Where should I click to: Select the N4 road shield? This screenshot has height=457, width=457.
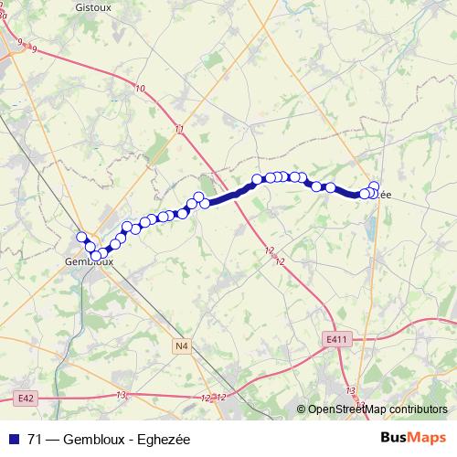[181, 345]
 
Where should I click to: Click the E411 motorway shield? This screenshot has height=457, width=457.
[336, 339]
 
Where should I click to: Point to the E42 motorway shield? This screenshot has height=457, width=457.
[26, 398]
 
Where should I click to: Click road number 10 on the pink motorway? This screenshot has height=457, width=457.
[139, 88]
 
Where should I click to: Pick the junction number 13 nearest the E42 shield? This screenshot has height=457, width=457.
[122, 394]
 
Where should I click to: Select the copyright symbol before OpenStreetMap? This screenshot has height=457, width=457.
[301, 409]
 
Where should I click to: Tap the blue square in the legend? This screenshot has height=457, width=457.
[13, 440]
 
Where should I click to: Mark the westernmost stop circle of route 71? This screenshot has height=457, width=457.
[82, 237]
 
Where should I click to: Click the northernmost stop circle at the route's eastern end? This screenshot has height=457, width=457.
[374, 186]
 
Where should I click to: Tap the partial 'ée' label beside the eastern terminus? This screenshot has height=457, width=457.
[383, 194]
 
